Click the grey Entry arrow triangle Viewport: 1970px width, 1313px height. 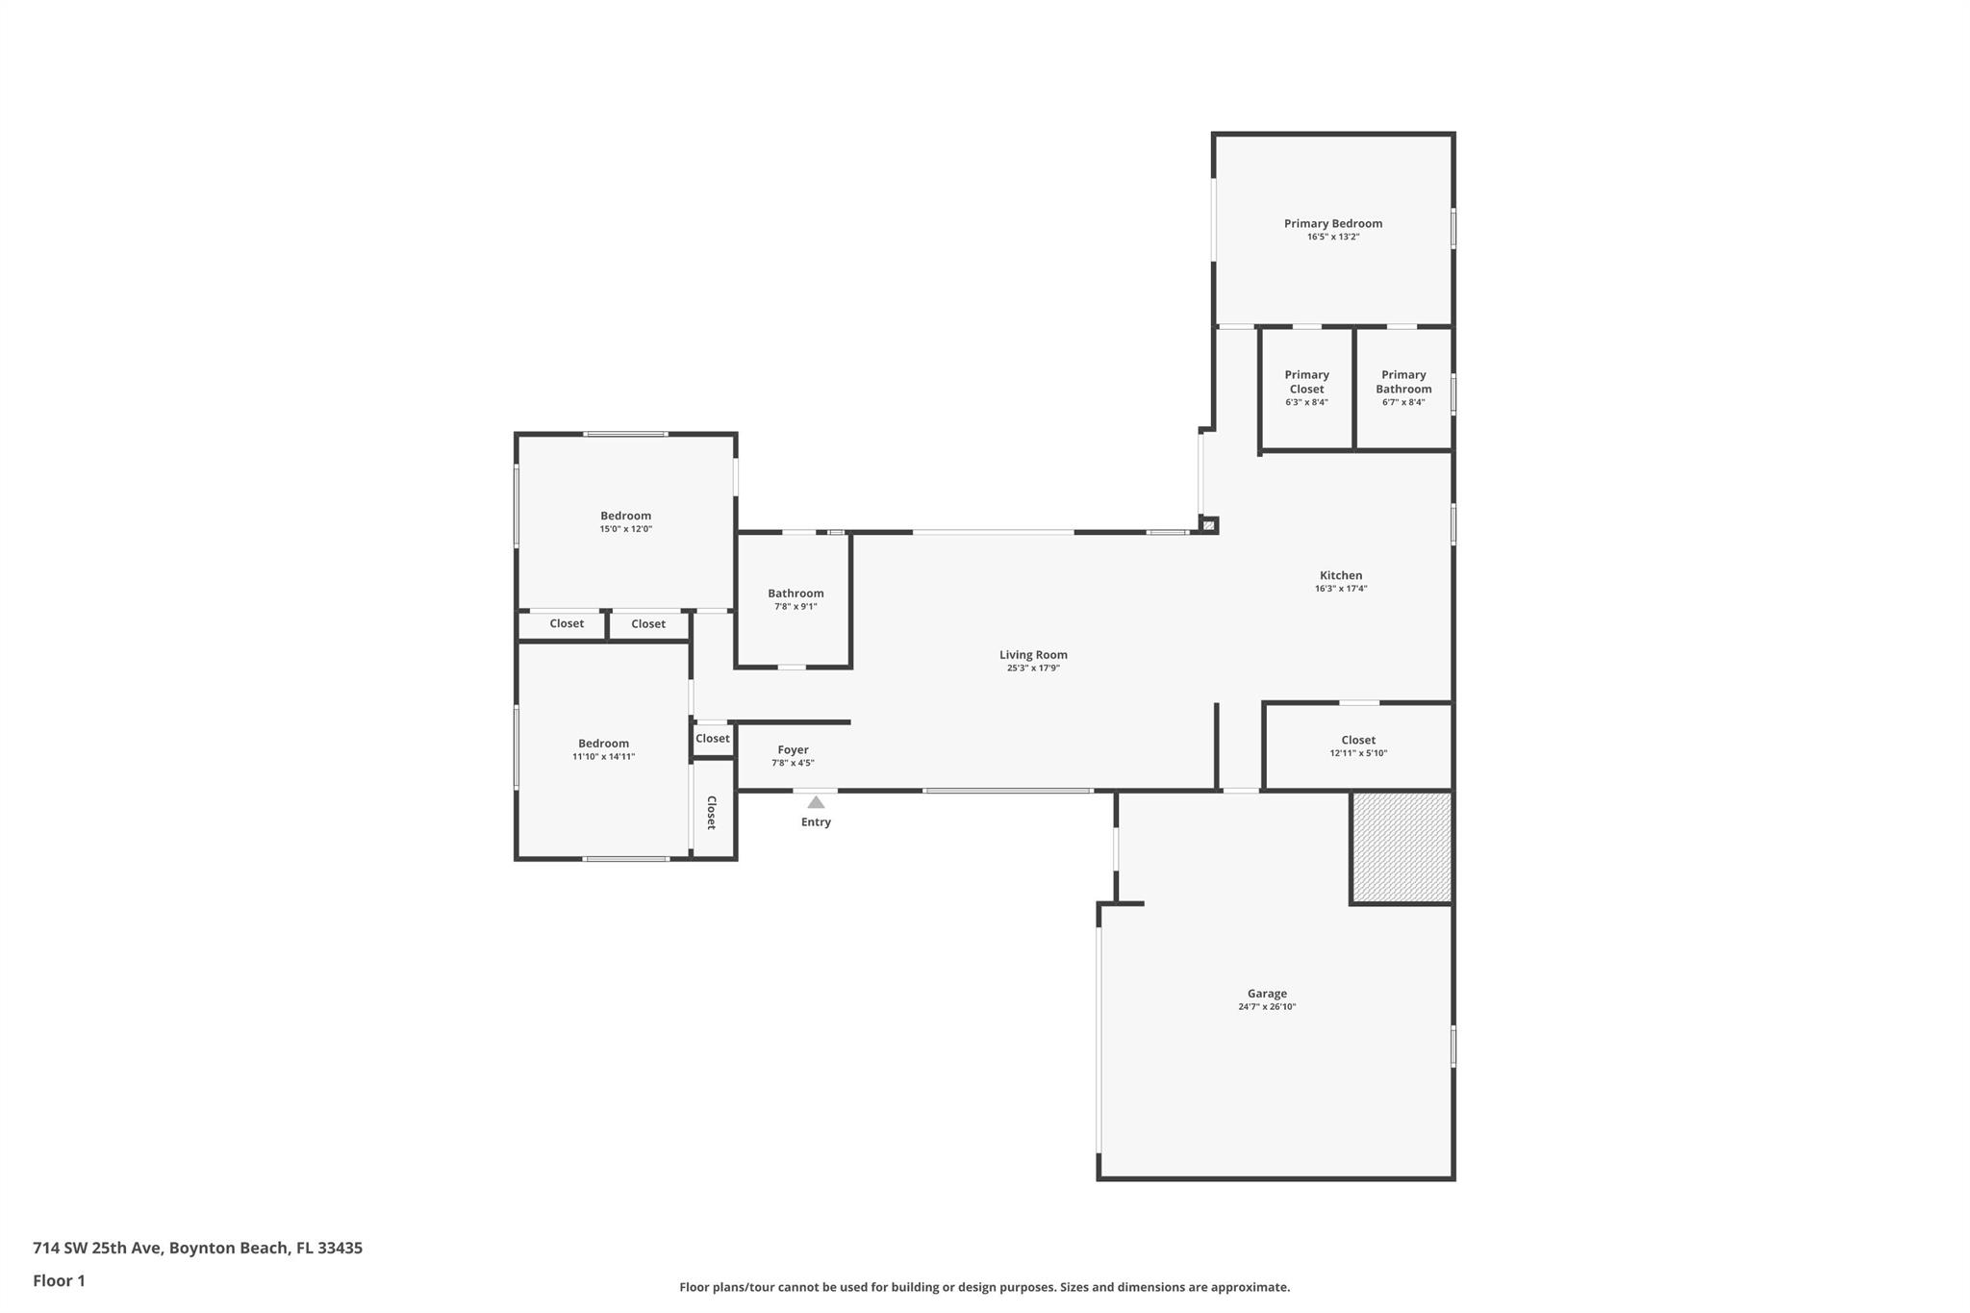816,802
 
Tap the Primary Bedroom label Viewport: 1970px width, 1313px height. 1333,223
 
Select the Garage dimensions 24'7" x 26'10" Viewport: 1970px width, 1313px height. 1267,1007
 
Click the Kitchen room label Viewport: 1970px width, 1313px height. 1341,575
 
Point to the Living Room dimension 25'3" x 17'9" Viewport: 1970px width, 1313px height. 1033,668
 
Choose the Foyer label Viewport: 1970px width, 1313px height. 793,749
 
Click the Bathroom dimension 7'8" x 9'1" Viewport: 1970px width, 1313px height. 796,606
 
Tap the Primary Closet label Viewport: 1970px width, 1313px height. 1306,382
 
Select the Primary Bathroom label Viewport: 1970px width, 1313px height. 1403,382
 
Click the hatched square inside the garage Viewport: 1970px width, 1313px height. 1402,847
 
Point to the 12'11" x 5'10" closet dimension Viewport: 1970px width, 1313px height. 1358,753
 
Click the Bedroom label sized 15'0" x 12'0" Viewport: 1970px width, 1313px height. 626,516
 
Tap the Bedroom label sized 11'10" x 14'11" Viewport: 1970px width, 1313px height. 603,744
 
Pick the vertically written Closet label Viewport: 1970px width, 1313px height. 712,813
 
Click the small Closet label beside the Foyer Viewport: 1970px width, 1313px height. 713,739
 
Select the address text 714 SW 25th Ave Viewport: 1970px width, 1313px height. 98,1248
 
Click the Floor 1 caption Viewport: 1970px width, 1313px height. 59,1280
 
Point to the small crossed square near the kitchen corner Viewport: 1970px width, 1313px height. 1209,525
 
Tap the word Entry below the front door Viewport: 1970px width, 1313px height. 816,821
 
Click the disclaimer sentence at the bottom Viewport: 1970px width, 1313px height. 985,1287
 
